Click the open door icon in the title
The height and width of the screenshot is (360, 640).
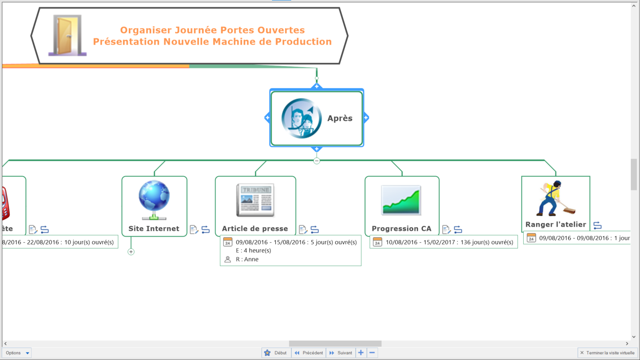coord(67,35)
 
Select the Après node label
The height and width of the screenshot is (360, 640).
coord(340,118)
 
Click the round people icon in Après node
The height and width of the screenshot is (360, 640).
coord(301,118)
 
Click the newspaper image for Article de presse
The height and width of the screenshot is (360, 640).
coord(255,200)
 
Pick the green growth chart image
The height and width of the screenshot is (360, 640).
coord(401,200)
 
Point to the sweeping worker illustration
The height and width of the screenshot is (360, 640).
coord(556,199)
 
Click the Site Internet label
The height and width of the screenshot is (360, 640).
coord(154,229)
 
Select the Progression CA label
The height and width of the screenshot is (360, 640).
coord(401,229)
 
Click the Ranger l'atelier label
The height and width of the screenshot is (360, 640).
coord(556,225)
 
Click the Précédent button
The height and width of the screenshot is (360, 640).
coord(309,353)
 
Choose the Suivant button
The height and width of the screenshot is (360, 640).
coord(341,353)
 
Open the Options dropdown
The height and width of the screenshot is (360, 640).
coord(17,353)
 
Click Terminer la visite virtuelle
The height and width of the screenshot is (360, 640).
coord(607,353)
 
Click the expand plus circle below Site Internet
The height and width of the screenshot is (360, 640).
coord(131,252)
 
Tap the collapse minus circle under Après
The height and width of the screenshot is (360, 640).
coord(317,161)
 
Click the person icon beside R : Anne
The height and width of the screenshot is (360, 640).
coord(228,259)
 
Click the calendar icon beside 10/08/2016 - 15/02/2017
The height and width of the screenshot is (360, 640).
coord(377,242)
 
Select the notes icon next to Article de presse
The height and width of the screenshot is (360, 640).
coord(303,230)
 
